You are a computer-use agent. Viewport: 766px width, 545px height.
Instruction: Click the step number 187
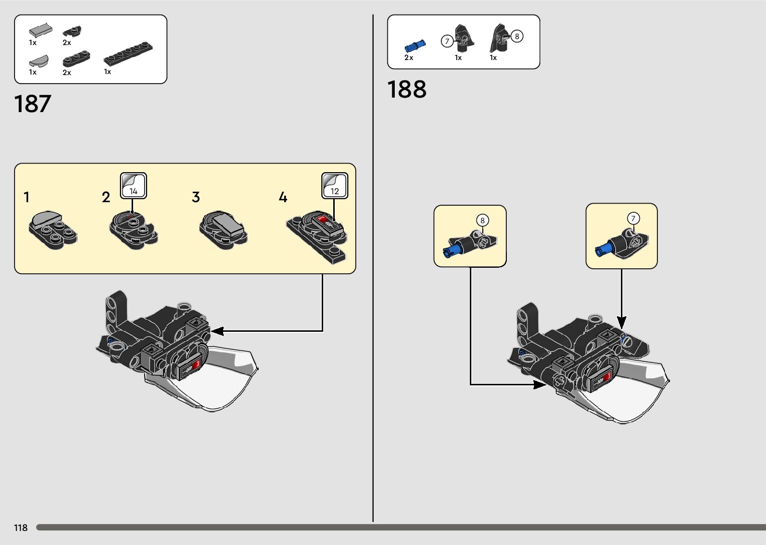pos(33,104)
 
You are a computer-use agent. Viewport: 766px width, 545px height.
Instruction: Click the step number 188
pos(407,90)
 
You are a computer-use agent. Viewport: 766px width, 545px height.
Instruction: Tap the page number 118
pos(21,527)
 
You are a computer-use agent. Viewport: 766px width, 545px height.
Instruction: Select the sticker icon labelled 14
pos(133,186)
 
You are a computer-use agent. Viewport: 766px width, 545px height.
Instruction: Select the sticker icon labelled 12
pos(334,186)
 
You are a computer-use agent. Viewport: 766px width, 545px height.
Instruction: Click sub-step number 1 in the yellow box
pos(27,197)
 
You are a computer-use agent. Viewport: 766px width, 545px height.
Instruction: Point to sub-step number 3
pos(196,197)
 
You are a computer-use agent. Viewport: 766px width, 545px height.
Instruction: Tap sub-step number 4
pos(283,197)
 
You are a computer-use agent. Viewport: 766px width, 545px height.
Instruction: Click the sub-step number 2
pos(106,197)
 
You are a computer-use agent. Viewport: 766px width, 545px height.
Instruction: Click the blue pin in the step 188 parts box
pos(415,46)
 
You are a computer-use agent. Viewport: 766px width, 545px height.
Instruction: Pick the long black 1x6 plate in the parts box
pos(128,54)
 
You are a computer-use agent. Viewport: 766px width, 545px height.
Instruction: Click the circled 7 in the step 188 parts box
pos(447,41)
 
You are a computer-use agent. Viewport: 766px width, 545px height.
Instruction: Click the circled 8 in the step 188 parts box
pos(517,36)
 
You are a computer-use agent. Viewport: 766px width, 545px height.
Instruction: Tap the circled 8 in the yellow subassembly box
pos(482,220)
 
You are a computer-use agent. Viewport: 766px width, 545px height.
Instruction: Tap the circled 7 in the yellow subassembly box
pos(633,218)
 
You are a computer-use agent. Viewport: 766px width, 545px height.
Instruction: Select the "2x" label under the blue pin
pos(409,58)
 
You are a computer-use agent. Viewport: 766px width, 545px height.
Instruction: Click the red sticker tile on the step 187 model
pos(196,364)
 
